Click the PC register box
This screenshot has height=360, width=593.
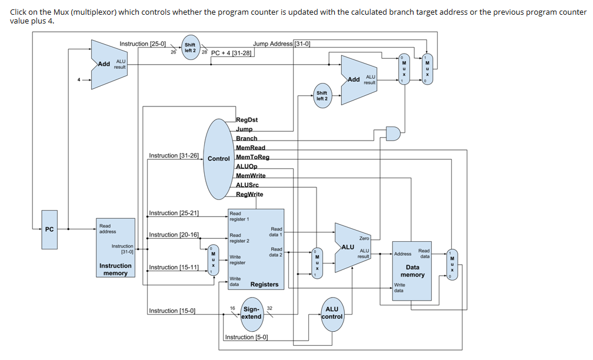tap(49, 229)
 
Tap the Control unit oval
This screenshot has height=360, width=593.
tap(218, 158)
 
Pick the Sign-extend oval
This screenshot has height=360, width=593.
tap(251, 313)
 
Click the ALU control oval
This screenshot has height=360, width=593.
tap(332, 313)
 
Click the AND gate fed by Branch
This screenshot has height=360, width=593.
tap(392, 134)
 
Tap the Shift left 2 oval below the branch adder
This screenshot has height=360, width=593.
tap(322, 96)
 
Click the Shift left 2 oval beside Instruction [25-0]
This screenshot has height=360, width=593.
tap(190, 47)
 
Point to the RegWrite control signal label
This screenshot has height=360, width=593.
tap(249, 194)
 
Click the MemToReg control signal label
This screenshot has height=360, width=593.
tap(252, 157)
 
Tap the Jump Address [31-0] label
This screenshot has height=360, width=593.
tap(281, 43)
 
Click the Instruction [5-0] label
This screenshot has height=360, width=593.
tap(246, 337)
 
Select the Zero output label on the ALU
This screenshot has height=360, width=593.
tap(364, 238)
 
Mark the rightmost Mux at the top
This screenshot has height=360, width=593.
tap(427, 68)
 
